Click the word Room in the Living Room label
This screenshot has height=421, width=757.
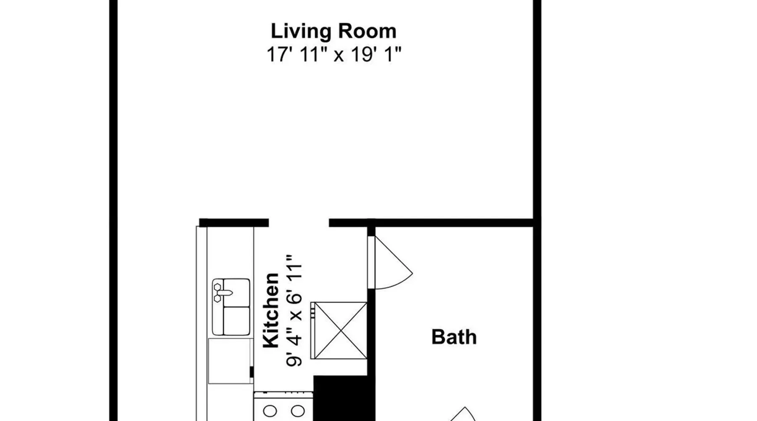pos(367,32)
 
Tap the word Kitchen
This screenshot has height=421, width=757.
pos(271,310)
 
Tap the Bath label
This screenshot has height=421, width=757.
pos(454,337)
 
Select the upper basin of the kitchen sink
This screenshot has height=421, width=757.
pos(236,292)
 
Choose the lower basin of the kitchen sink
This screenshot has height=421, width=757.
pos(236,321)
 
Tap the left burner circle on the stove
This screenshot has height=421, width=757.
pos(270,411)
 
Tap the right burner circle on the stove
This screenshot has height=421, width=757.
pos(298,411)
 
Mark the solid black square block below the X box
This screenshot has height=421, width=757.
pos(344,398)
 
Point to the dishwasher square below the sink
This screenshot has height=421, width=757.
pos(230,361)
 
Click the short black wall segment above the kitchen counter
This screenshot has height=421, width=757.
pos(234,223)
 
